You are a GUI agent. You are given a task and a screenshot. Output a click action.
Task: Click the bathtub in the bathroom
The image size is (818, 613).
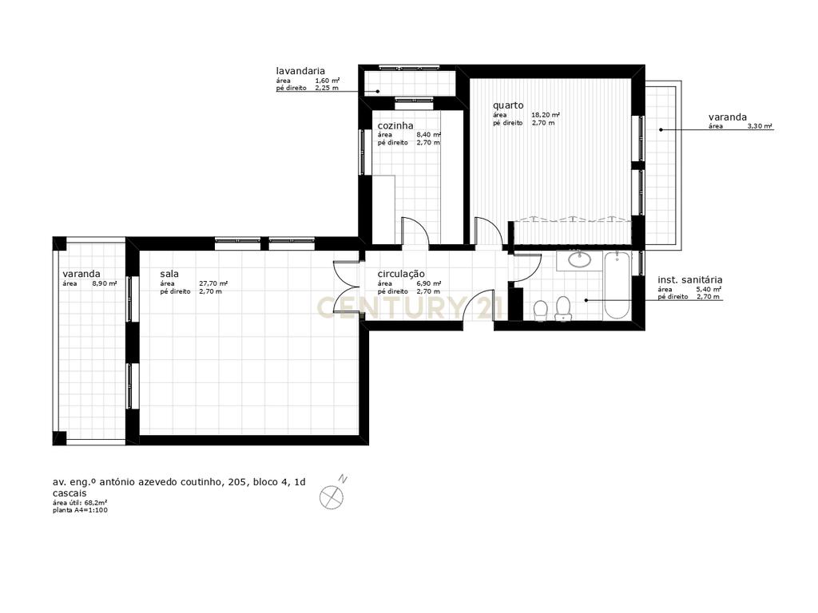point(617,285)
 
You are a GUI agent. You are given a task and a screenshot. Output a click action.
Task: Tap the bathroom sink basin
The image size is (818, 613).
point(579,259)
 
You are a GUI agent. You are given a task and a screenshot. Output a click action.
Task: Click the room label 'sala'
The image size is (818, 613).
point(169,274)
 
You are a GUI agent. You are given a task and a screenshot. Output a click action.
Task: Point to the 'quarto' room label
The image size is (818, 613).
point(508,106)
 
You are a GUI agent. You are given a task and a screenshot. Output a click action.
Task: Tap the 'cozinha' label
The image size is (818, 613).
point(395,125)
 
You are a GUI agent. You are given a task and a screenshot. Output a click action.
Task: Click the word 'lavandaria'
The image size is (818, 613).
point(300,71)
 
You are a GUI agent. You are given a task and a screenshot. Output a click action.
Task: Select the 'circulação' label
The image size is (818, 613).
point(401,275)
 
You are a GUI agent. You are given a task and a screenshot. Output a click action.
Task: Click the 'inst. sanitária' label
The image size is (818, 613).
point(689,280)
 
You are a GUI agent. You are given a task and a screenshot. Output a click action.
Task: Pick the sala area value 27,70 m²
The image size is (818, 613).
point(213,283)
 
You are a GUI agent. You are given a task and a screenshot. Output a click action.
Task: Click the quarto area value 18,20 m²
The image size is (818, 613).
point(546,115)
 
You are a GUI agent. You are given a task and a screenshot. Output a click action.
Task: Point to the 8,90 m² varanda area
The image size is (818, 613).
point(105,283)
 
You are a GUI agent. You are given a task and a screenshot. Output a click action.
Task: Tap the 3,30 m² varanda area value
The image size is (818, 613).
point(760,126)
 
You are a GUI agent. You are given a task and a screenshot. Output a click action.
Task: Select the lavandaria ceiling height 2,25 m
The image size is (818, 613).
point(327,88)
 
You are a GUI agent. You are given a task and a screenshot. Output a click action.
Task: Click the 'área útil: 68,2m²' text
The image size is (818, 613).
point(81,503)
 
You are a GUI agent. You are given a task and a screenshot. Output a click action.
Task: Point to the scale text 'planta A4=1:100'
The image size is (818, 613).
point(81,510)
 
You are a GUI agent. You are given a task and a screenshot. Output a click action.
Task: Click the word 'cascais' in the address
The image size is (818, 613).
point(70,493)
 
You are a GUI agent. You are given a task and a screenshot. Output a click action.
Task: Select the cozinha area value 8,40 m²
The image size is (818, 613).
point(428,134)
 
